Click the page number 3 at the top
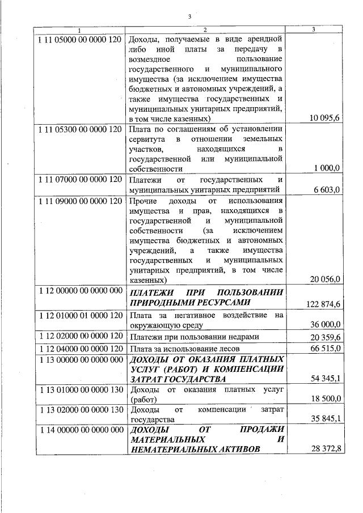click(x=189, y=17)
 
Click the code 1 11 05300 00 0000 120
click(x=80, y=129)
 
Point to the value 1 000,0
click(x=327, y=168)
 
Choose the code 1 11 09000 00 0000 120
click(x=80, y=201)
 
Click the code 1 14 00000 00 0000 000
click(x=80, y=430)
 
